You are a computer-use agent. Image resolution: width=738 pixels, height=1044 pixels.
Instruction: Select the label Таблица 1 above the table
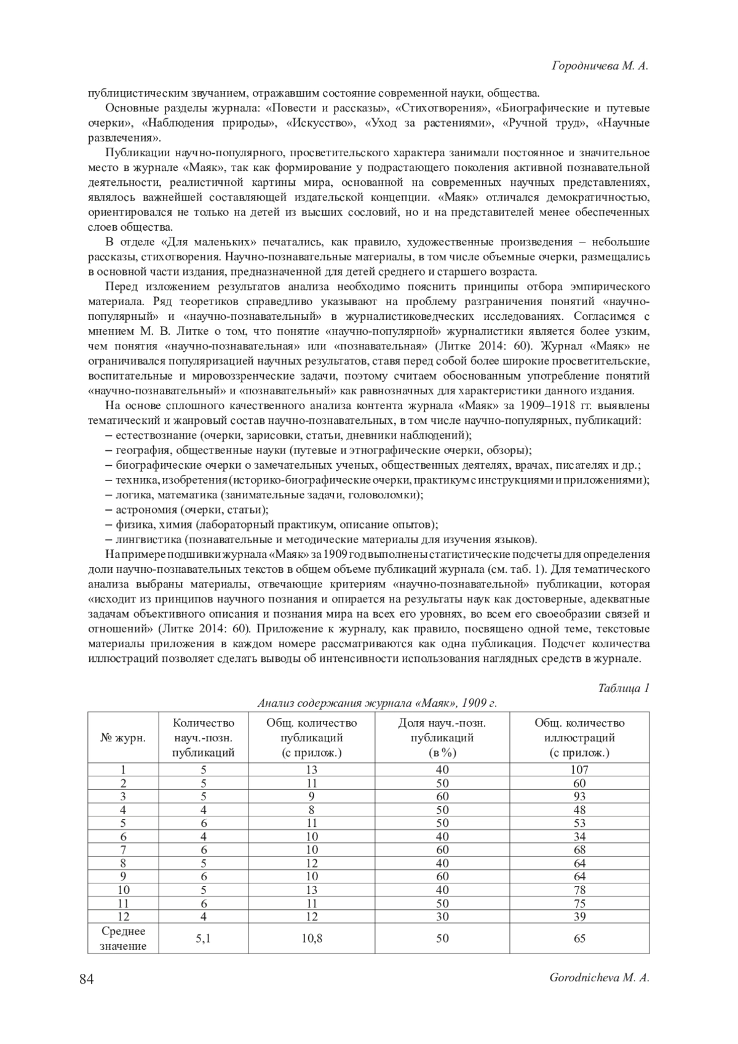624,688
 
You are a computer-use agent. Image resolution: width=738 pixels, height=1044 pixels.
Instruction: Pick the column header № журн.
123,738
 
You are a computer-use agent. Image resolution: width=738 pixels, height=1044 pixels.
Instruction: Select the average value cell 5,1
204,939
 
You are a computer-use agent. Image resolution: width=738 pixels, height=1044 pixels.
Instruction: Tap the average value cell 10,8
312,939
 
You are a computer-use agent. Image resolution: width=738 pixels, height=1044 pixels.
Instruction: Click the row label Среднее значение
123,939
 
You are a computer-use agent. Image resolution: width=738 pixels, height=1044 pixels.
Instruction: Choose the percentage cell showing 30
442,917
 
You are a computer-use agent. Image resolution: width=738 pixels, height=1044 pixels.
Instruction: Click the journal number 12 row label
123,917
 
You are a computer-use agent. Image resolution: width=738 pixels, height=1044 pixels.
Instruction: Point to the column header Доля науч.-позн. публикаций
442,738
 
